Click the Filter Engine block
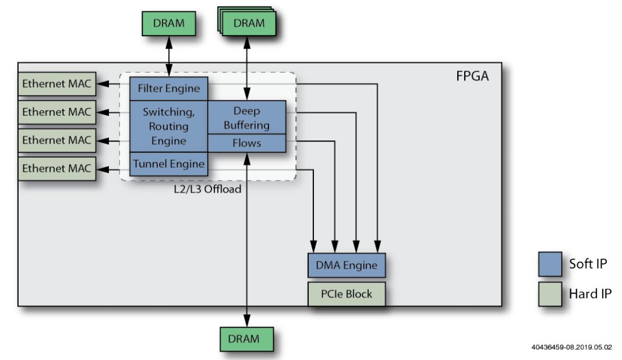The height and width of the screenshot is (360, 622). point(168,89)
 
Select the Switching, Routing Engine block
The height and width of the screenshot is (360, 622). point(168,126)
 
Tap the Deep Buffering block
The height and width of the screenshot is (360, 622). point(246,118)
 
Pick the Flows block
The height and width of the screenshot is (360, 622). point(246,143)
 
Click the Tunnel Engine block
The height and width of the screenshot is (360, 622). point(168,164)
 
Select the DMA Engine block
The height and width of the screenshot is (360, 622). point(346,266)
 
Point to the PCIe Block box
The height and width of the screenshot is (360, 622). point(346,294)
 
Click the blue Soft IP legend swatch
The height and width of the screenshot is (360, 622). point(550,264)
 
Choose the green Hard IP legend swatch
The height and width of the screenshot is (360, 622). point(550,294)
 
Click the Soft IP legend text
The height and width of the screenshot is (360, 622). point(588,264)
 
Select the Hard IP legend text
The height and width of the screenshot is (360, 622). point(590,294)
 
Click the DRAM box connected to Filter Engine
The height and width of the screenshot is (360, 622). point(168,23)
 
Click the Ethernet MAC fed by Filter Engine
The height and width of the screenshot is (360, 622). point(56,84)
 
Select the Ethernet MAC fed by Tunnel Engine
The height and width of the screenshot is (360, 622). point(56,168)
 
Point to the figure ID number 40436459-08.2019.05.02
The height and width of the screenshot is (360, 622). point(571,347)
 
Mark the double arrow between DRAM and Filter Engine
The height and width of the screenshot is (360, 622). point(169,56)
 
